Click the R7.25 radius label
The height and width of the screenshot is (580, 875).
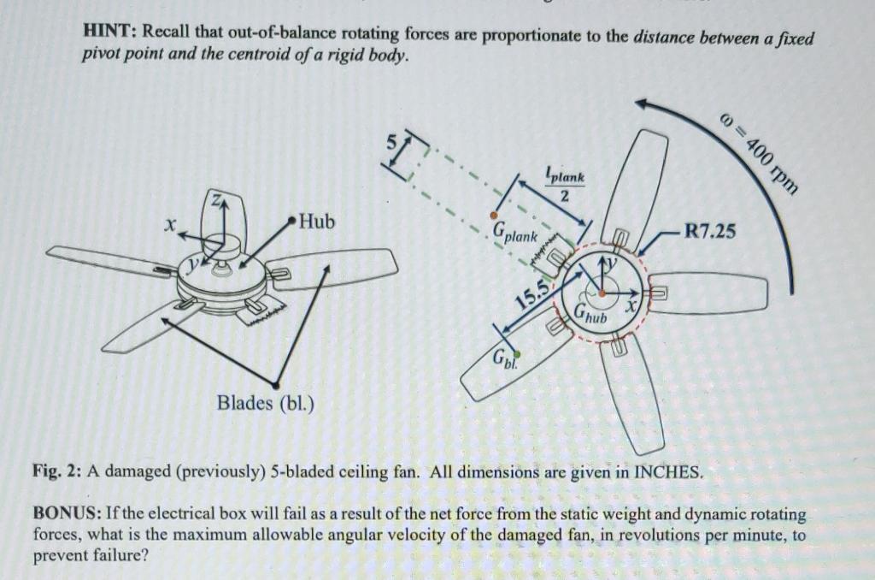709,230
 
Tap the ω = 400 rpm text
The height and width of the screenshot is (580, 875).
760,154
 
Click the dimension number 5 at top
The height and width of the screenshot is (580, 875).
396,144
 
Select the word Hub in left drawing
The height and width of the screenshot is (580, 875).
317,222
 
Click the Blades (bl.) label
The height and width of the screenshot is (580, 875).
266,401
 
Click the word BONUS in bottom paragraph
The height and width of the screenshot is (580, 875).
66,514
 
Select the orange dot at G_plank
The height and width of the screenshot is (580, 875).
492,215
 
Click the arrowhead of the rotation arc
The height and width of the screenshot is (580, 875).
642,106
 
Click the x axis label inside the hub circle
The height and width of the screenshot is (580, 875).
633,305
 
